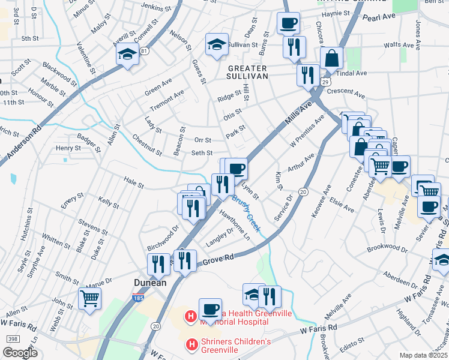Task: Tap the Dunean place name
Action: pyautogui.click(x=149, y=282)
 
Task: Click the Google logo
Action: pyautogui.click(x=20, y=353)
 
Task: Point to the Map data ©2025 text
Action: pyautogui.click(x=423, y=355)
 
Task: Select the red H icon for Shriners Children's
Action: pyautogui.click(x=191, y=344)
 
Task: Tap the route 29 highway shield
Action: pyautogui.click(x=325, y=80)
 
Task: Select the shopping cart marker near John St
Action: pyautogui.click(x=89, y=298)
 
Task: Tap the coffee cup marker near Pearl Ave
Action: pyautogui.click(x=288, y=23)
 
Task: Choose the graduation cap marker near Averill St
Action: pyautogui.click(x=128, y=55)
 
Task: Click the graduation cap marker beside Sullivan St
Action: pyautogui.click(x=217, y=44)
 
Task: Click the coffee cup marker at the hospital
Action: pyautogui.click(x=210, y=310)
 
